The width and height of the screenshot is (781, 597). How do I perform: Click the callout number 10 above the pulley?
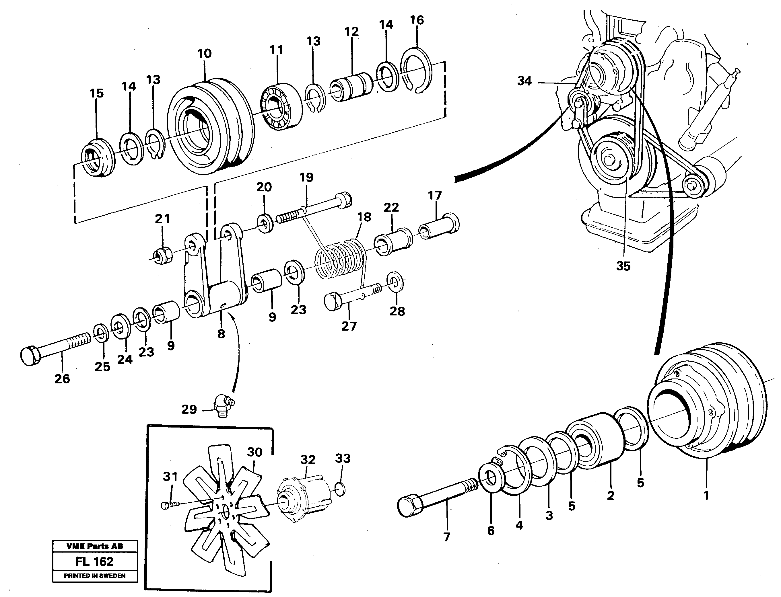(x=204, y=54)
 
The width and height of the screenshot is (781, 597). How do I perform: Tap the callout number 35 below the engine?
(x=623, y=266)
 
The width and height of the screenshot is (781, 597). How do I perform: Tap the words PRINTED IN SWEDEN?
(x=95, y=576)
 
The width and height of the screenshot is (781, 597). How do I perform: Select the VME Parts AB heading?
(x=95, y=547)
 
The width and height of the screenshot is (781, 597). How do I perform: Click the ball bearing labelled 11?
(x=281, y=106)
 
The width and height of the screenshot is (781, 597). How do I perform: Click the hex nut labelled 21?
(x=163, y=255)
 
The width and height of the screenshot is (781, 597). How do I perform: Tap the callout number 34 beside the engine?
(x=524, y=81)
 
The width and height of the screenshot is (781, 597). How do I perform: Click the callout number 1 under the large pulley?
(x=706, y=495)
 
